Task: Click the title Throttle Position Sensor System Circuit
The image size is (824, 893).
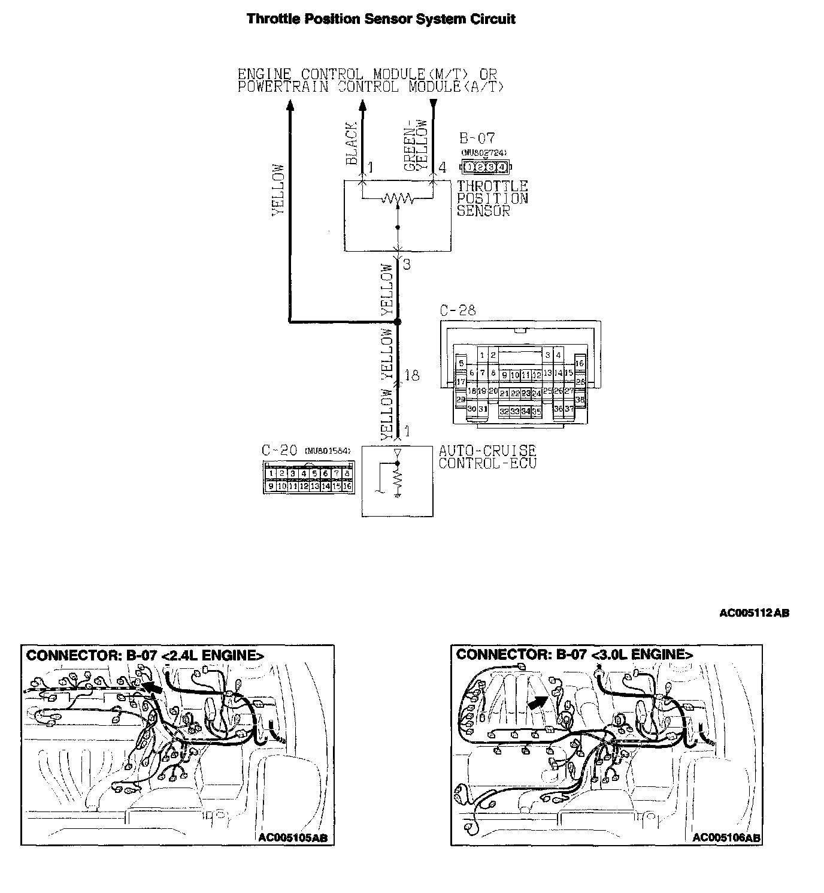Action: pos(381,19)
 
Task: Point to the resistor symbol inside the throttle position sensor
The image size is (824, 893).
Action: pos(398,198)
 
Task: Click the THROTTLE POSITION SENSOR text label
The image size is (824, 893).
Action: pos(492,198)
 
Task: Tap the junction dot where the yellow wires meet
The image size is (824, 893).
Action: pos(398,322)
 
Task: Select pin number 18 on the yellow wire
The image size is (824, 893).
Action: pos(412,376)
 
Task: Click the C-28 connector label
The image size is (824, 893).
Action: pos(458,310)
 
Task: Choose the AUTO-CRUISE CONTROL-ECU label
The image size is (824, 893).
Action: pos(487,457)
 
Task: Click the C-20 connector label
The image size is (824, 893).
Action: pos(279,450)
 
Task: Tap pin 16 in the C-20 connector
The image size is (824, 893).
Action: pos(347,487)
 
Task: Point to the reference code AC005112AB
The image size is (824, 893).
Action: pos(754,613)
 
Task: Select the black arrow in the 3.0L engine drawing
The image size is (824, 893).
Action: pos(538,701)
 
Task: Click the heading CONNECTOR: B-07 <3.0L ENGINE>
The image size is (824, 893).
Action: pos(574,654)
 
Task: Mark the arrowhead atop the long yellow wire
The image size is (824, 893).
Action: pos(290,105)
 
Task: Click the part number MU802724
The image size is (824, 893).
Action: pos(484,153)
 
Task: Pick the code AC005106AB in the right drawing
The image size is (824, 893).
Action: pos(726,838)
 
